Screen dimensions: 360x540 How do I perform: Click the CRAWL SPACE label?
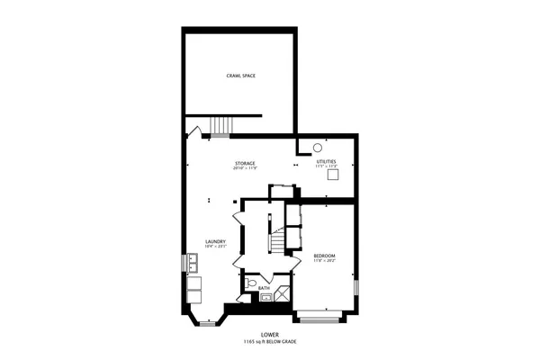(240, 76)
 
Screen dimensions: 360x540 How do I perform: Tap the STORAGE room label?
(245, 163)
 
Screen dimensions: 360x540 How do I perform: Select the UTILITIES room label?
(326, 162)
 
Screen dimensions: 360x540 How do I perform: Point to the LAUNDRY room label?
(215, 241)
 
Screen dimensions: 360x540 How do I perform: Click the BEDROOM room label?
(325, 256)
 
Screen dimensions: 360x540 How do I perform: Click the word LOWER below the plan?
(270, 335)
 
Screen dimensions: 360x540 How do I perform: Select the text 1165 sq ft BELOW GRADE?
(270, 342)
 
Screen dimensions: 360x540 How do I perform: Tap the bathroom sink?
(265, 298)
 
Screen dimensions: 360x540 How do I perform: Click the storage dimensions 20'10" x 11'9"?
(245, 168)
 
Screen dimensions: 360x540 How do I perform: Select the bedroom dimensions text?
(325, 261)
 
